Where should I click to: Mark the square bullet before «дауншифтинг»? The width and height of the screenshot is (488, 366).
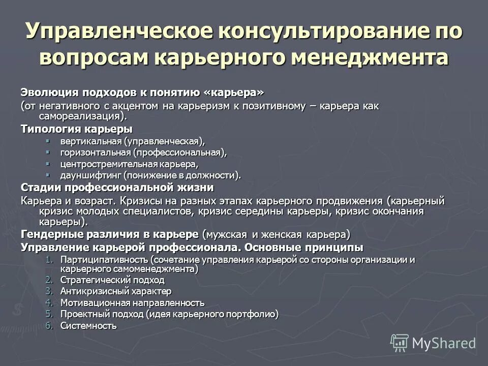point(48,175)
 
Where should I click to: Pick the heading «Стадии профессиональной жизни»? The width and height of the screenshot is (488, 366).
point(117,187)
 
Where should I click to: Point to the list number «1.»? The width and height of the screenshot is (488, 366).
point(49,260)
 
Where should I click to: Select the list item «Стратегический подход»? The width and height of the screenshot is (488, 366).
point(112,280)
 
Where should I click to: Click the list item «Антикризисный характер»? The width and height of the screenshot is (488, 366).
point(116,291)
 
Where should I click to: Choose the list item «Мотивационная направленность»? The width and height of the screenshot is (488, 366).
point(132,303)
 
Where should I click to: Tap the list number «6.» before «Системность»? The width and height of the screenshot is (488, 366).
point(49,326)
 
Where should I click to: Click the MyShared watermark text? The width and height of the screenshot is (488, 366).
point(443,343)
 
